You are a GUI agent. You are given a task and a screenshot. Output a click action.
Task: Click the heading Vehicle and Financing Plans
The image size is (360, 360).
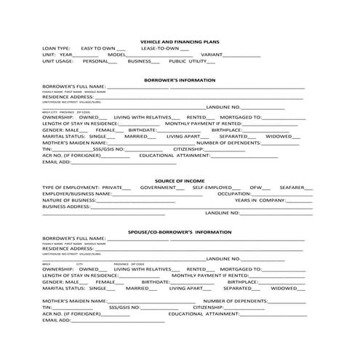coord(179,42)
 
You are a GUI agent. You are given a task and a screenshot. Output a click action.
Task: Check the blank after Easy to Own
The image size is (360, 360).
coord(121,49)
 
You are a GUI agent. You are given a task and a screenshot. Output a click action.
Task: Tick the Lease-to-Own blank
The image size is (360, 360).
coord(185,49)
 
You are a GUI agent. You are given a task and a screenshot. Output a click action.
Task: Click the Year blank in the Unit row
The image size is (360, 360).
coord(87,56)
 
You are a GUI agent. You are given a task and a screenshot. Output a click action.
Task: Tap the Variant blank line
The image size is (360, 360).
coord(241,56)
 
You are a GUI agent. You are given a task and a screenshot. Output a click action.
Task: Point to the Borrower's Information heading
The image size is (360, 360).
coord(179,80)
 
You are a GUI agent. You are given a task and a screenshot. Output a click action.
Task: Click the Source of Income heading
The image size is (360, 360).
coord(179,180)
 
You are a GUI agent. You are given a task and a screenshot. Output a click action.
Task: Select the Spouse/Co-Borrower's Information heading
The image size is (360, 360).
coord(179,231)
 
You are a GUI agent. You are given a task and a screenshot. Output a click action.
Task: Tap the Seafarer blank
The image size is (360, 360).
coord(309,188)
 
